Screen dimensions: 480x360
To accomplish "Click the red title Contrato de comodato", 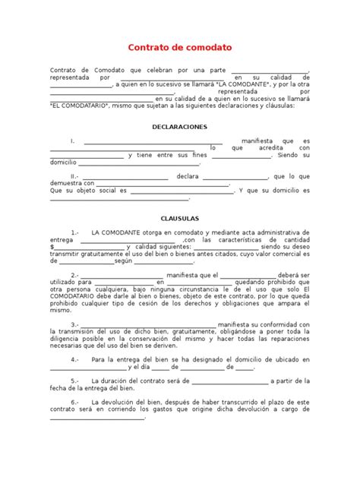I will (180, 47).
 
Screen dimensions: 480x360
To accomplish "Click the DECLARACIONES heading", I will (180, 127).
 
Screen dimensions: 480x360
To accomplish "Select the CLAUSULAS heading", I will (180, 216).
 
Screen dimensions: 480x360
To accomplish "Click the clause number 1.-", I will (75, 231).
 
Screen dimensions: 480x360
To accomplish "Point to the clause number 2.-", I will (75, 274).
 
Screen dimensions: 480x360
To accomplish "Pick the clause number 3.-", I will (75, 324).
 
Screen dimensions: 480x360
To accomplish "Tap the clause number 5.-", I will (75, 381).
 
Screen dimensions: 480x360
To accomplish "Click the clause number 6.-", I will (75, 401).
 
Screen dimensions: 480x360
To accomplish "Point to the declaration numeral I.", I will (72, 141).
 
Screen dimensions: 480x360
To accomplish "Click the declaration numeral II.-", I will (75, 176).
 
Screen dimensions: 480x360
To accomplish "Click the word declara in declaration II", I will (187, 176).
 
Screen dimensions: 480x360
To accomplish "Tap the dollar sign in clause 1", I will (52, 246).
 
